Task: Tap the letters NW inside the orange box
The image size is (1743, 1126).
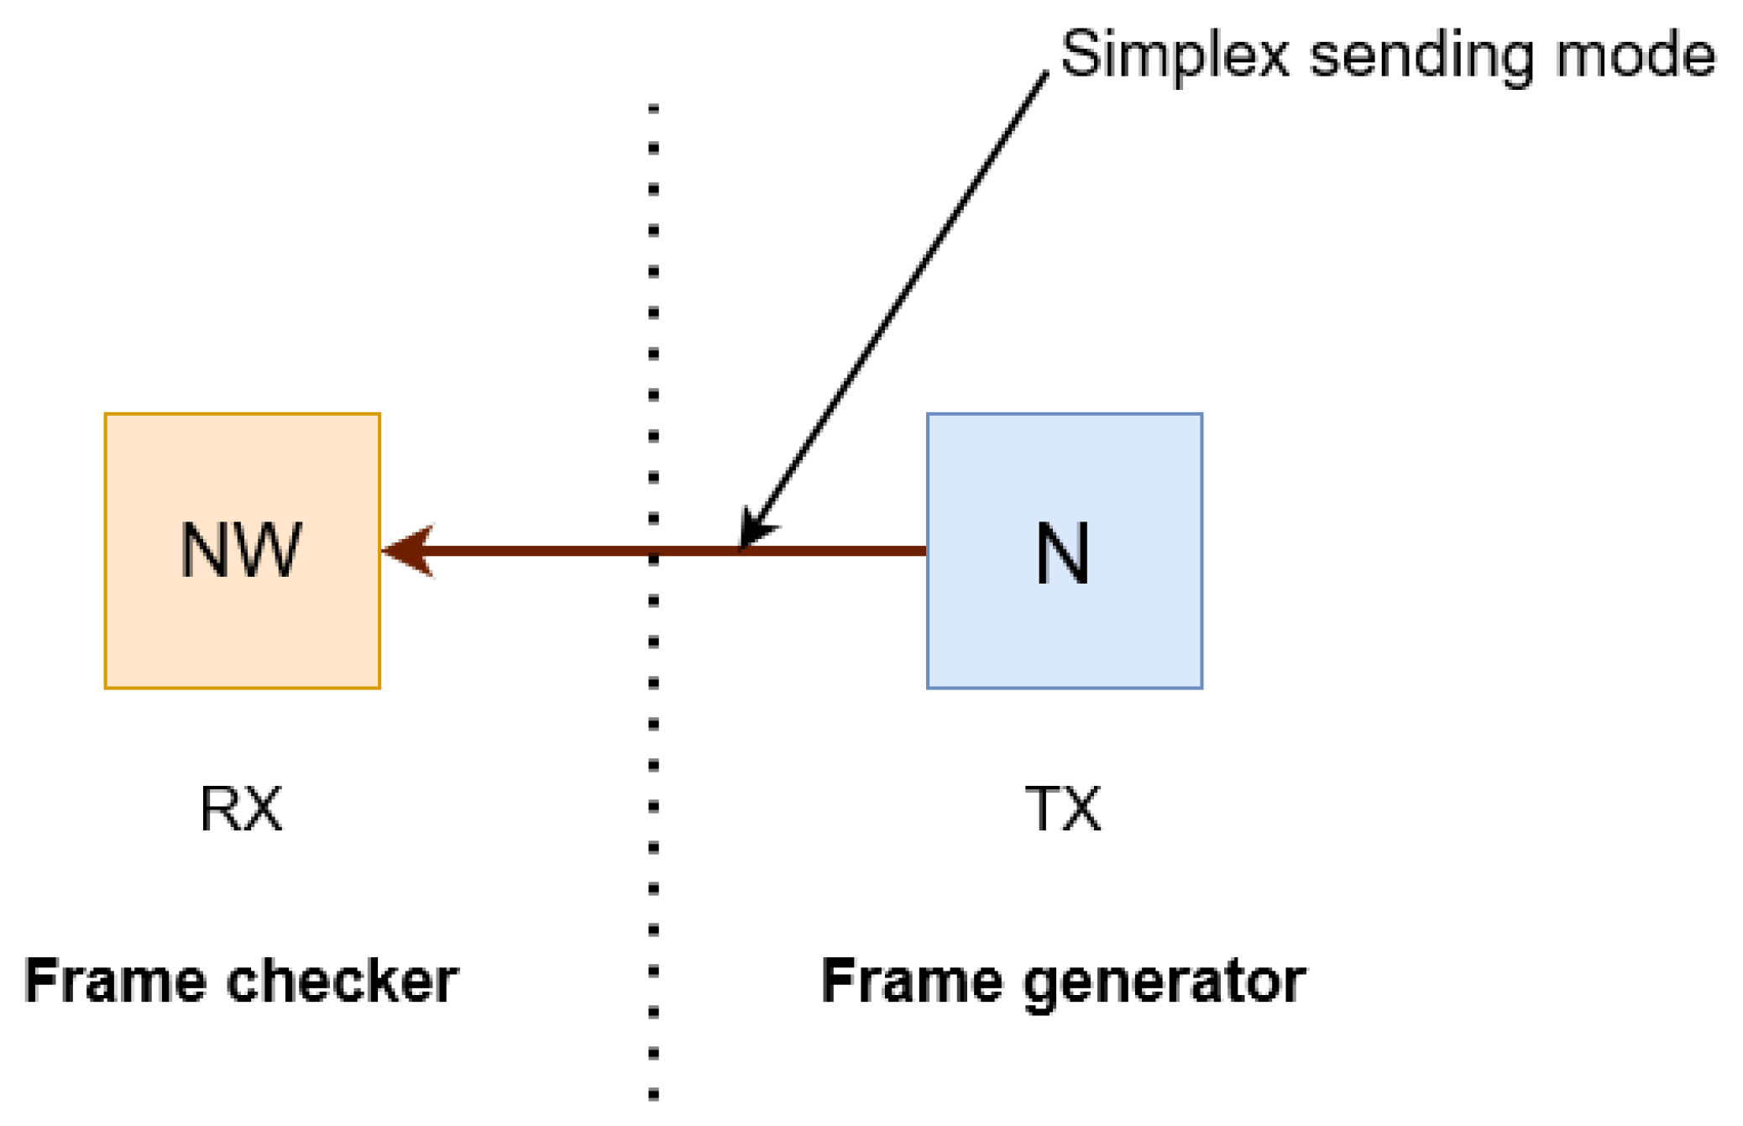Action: point(240,551)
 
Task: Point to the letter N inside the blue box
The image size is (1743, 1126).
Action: point(1062,553)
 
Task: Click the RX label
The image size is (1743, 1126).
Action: point(241,809)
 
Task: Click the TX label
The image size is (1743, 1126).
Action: point(1062,809)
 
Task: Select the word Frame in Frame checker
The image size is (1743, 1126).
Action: point(115,980)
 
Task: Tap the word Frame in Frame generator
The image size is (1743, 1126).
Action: point(911,980)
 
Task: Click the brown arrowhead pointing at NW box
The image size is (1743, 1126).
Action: point(409,551)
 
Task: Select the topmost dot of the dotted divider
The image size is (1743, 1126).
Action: point(653,108)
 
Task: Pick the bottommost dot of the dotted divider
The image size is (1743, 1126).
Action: point(653,1095)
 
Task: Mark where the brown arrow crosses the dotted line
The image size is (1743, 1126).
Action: point(653,552)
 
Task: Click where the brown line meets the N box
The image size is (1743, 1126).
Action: point(926,551)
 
